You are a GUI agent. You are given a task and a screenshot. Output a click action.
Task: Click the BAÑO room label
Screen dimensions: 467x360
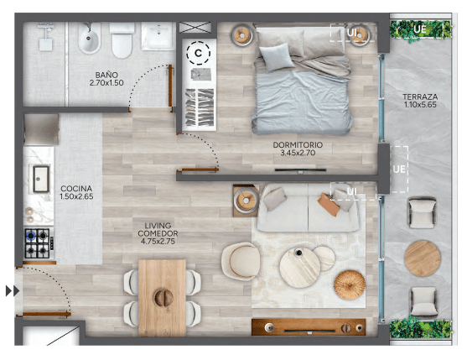[106, 75]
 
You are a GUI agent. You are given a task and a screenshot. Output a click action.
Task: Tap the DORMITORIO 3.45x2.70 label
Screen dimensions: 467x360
[298, 149]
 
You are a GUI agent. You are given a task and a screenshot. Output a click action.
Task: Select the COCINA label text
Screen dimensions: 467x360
[76, 189]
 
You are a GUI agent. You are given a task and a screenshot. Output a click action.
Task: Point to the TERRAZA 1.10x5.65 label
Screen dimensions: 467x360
[420, 101]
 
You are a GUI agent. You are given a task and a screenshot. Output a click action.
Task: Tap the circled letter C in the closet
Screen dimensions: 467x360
[198, 53]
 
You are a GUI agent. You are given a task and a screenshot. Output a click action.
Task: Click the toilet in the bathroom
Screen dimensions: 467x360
[122, 41]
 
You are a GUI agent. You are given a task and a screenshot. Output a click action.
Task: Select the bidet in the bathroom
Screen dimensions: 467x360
[89, 39]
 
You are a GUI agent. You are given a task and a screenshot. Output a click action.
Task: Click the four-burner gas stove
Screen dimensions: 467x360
[38, 243]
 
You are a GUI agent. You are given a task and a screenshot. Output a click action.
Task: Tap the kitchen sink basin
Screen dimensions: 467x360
[41, 179]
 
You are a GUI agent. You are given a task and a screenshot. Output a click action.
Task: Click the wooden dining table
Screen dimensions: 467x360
[163, 298]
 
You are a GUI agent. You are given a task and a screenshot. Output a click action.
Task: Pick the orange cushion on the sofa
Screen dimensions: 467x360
[329, 204]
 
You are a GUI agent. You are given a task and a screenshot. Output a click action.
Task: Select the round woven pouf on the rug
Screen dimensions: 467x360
[350, 284]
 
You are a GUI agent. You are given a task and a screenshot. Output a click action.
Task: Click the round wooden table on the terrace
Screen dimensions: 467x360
[423, 258]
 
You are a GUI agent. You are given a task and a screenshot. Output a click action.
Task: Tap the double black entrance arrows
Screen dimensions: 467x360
[13, 291]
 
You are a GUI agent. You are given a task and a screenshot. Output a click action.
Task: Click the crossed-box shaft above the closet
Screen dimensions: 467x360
[195, 27]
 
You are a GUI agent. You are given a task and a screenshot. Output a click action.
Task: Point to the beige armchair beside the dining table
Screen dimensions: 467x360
[241, 261]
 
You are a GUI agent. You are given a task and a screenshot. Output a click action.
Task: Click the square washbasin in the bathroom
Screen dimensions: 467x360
[158, 36]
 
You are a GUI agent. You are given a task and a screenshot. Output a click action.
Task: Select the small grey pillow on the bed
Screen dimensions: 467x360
[277, 57]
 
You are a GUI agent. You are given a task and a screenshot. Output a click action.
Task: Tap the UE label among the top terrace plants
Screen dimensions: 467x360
[420, 29]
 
